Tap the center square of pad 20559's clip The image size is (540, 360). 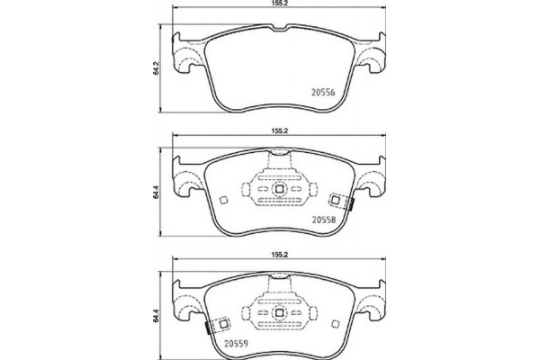278,314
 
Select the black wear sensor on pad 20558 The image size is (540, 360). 349,204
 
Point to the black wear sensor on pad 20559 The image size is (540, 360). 208,328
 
